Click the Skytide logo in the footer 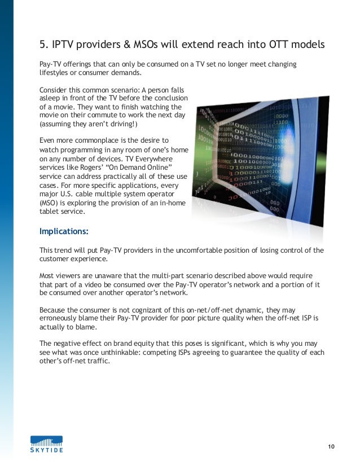46,443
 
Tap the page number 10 331,447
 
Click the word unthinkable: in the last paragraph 133,353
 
